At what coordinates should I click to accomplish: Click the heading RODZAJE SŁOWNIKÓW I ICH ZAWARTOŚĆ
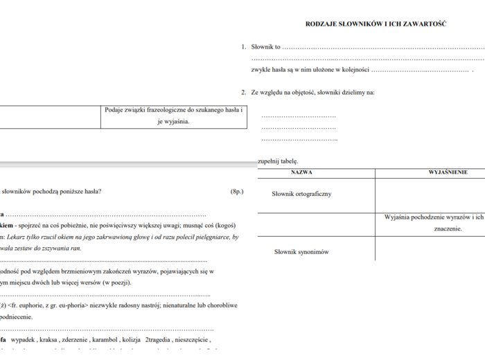point(376,24)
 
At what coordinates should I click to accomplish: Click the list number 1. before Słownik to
point(244,47)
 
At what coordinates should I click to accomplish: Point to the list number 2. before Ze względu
point(244,92)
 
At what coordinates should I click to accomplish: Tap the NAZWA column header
point(301,172)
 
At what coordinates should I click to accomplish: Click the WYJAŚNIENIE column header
point(448,172)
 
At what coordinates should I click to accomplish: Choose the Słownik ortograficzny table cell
point(302,194)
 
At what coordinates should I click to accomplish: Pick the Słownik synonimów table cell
point(301,252)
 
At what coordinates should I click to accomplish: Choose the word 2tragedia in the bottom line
point(160,340)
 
